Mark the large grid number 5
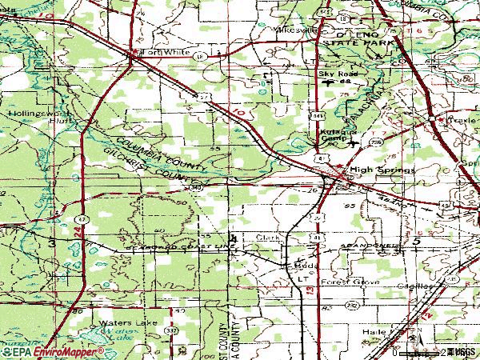point(416,240)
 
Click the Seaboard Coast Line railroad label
point(172,247)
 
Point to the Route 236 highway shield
point(375,142)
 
